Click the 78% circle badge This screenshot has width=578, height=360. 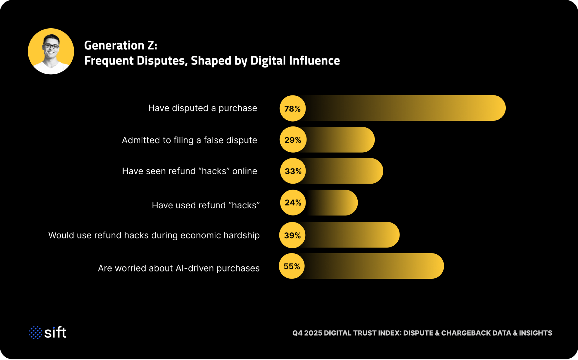[293, 108]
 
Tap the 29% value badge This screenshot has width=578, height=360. [293, 140]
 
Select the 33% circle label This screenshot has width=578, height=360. [293, 171]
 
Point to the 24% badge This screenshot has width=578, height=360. [293, 203]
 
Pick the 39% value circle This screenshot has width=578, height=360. [292, 235]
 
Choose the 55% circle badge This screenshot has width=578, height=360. [292, 266]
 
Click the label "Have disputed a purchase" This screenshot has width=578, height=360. [203, 108]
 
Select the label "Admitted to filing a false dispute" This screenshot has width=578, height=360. [189, 140]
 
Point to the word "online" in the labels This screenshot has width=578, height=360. [245, 171]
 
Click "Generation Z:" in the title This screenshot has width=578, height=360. [120, 45]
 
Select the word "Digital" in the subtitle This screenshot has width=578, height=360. [268, 61]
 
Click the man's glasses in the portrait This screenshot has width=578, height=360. [51, 46]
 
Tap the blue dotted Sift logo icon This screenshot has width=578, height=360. [36, 333]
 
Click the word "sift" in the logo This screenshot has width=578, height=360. [55, 333]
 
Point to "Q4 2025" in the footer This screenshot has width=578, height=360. [307, 333]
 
